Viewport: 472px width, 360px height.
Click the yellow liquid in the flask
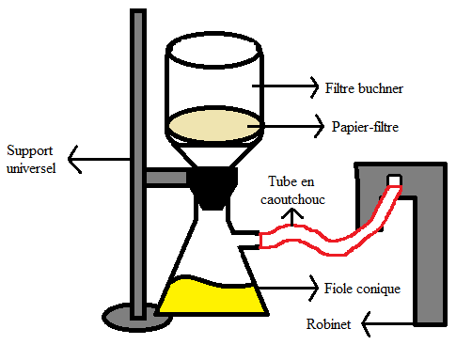coord(209,296)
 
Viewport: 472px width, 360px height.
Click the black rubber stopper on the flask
coord(213,188)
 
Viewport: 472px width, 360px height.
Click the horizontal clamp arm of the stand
coord(167,177)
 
